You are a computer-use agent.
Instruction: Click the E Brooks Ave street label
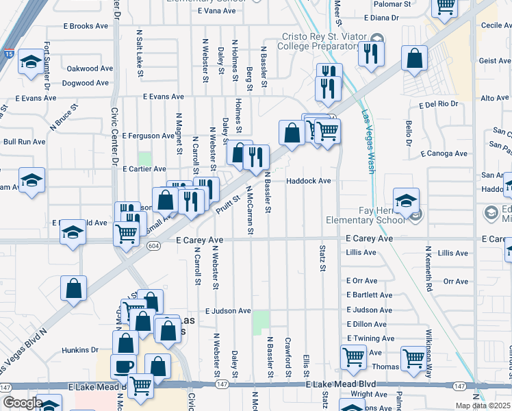[x=86, y=26]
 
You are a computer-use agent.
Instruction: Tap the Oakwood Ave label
[x=90, y=69]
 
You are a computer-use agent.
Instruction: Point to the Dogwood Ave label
[x=86, y=84]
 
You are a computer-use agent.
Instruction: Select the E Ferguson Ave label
[x=148, y=136]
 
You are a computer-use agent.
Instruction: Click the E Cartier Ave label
[x=144, y=169]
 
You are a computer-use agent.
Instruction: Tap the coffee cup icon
[x=123, y=366]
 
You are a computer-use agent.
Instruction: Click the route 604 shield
[x=155, y=245]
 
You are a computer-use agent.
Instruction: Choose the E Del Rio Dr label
[x=438, y=105]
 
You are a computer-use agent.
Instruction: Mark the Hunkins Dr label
[x=80, y=350]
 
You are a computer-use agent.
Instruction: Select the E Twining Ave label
[x=370, y=338]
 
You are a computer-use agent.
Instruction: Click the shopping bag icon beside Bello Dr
[x=415, y=59]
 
